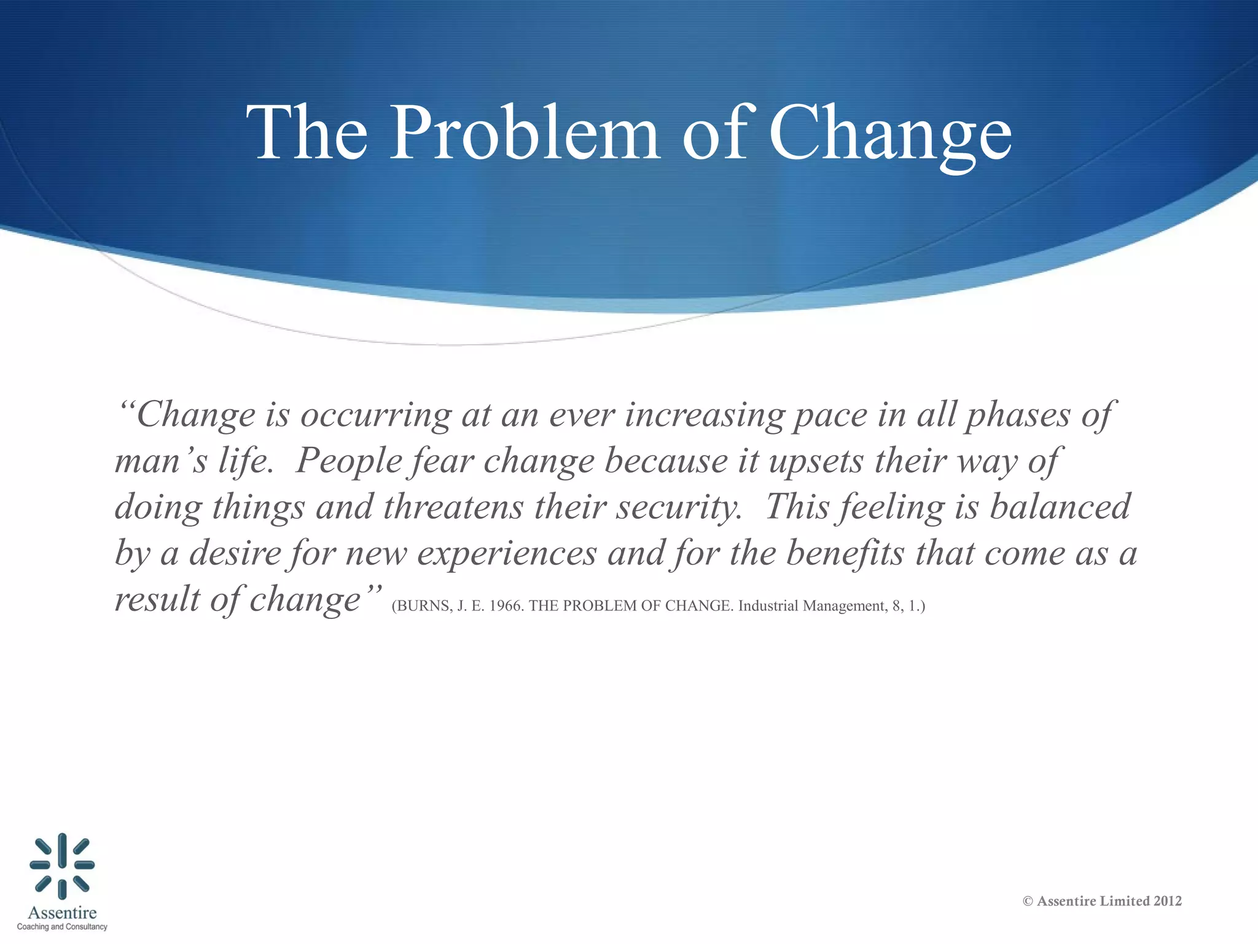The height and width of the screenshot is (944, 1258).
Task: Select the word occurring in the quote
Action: (x=376, y=415)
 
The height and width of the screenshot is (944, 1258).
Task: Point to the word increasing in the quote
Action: (x=705, y=415)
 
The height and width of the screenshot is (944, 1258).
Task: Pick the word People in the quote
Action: (x=348, y=461)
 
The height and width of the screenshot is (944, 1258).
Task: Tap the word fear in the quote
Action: (x=442, y=461)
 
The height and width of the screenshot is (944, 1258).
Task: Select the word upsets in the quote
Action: (x=816, y=461)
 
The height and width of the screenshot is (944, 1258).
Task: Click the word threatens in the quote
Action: (x=454, y=507)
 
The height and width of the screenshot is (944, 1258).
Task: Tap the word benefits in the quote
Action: (x=845, y=553)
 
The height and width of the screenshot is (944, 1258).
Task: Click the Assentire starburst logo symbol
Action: (x=62, y=865)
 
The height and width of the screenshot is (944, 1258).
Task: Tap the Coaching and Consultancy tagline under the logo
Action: (x=62, y=927)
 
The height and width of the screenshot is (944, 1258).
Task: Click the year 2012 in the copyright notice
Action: (x=1168, y=901)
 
